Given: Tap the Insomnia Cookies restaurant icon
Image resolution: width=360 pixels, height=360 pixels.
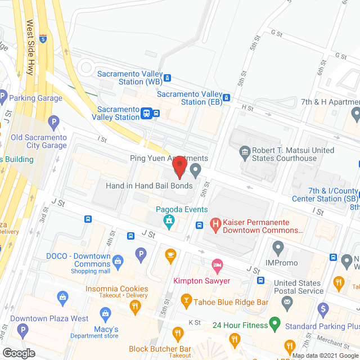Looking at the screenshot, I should coord(134,307).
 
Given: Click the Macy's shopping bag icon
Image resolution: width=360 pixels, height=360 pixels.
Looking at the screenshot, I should coord(104,313).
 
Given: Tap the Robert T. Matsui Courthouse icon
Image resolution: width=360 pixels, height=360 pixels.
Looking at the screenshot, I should coord(245,150).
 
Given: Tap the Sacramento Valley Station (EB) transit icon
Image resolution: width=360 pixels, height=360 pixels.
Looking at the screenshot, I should coord(227,97).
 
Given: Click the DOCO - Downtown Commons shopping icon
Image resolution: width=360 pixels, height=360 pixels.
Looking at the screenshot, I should coord(118,260).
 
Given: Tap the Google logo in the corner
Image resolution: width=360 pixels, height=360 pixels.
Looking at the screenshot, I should coord(18,353).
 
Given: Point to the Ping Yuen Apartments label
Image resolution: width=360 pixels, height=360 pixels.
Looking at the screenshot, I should coord(169,159).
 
